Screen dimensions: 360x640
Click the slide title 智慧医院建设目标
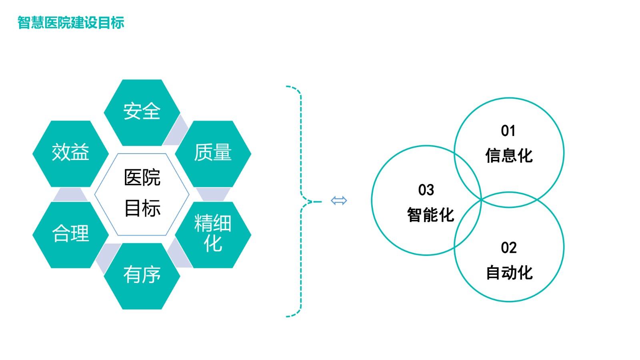tap(71, 23)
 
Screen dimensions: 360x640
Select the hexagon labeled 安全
tap(142, 112)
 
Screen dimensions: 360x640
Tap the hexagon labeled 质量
tap(213, 153)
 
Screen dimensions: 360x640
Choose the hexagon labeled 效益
tap(70, 153)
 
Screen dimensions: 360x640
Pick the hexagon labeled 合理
tap(70, 234)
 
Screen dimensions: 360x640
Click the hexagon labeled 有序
tap(142, 276)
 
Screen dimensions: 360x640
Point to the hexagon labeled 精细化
tap(213, 234)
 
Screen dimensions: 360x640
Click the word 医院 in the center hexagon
tap(142, 178)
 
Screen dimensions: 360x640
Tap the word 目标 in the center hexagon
tap(142, 208)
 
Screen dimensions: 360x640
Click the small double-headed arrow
tap(339, 200)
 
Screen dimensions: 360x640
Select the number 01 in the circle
tap(508, 131)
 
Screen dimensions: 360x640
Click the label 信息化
tap(509, 156)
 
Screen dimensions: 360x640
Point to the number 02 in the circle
tap(509, 248)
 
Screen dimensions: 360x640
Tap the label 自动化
tap(509, 273)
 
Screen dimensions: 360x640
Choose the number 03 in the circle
tap(426, 190)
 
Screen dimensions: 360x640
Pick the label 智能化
tap(430, 215)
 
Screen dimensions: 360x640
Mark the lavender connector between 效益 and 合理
tap(70, 195)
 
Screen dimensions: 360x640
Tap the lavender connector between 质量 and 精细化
tap(213, 194)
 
